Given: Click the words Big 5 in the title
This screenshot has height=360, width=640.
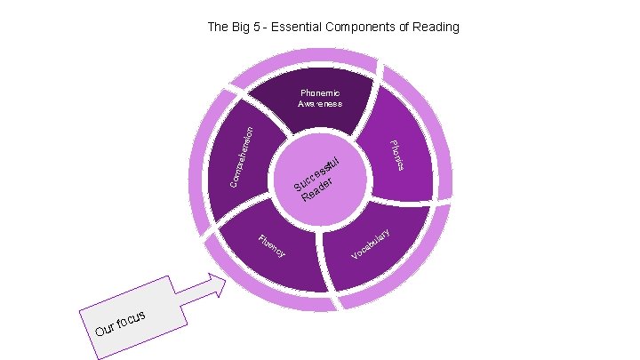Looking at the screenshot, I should (x=244, y=27).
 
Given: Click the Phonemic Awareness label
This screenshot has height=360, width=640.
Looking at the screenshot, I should (x=320, y=98).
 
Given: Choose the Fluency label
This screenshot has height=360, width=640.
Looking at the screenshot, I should (x=270, y=246).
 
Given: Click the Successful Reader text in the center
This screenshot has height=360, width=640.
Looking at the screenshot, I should (x=318, y=179).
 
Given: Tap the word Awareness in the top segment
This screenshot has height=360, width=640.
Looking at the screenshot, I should (x=320, y=104).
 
